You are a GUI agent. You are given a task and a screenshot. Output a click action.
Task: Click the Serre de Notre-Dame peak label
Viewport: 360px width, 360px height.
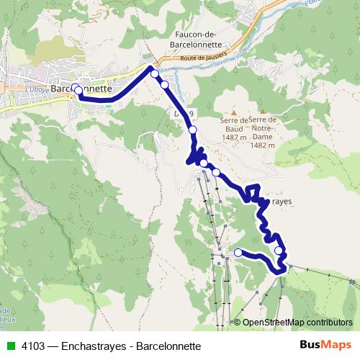click(x=263, y=127)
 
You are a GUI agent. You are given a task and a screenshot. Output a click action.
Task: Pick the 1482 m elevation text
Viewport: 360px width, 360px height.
click(x=263, y=144)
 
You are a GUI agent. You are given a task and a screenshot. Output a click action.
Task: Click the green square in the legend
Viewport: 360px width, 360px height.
click(x=10, y=346)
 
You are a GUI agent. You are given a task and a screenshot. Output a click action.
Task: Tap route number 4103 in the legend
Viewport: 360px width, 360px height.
click(x=34, y=346)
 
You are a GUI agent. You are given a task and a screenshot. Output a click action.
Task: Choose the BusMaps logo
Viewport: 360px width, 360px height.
click(x=326, y=345)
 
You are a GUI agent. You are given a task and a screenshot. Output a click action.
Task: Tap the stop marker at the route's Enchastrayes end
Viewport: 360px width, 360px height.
click(x=238, y=252)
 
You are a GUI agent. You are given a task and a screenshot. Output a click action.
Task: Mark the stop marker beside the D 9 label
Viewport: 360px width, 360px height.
click(x=192, y=130)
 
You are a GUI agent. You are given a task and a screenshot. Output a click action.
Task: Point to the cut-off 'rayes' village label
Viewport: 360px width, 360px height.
click(x=281, y=202)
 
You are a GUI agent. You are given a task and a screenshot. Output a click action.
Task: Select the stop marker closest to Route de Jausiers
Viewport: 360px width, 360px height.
click(x=154, y=73)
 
